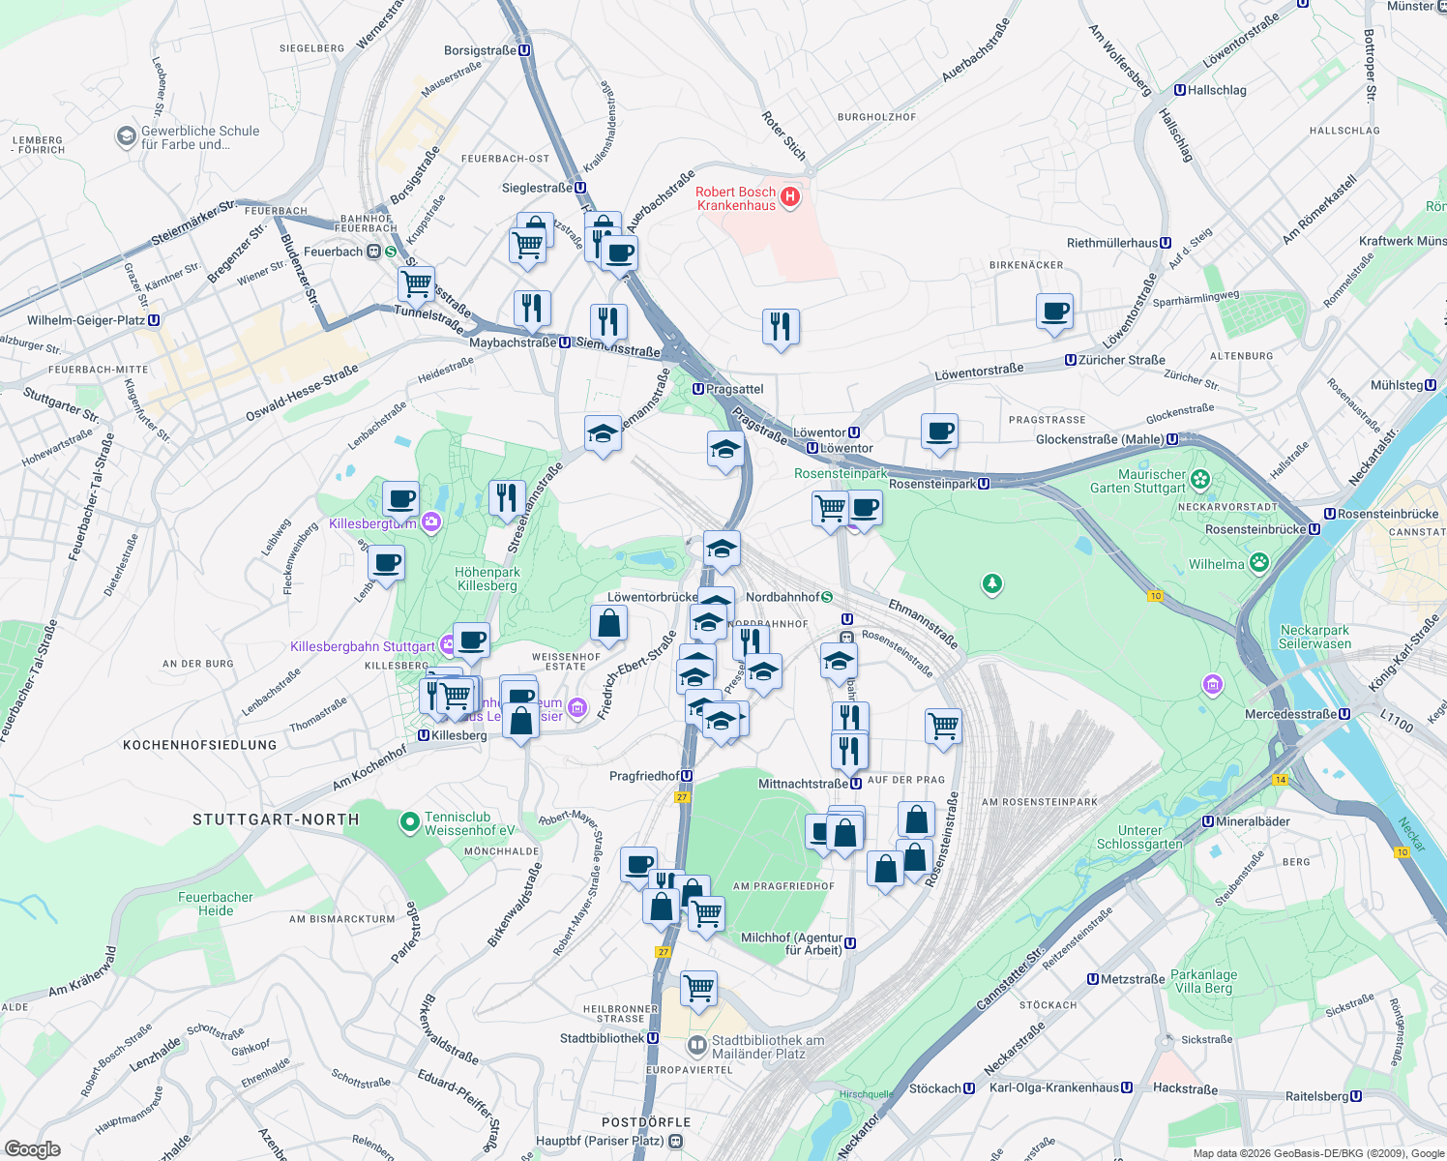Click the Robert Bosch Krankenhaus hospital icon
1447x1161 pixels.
tap(790, 197)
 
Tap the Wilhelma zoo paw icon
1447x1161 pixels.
tap(1258, 563)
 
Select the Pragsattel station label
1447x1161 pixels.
tap(734, 389)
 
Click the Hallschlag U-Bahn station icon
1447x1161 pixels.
tap(1180, 90)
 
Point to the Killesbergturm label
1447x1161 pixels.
tap(372, 523)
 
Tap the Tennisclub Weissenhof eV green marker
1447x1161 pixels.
tap(410, 823)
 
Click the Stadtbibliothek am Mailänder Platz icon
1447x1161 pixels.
tap(696, 1046)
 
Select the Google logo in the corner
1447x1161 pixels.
tap(32, 1149)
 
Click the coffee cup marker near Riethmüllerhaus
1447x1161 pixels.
tap(1054, 313)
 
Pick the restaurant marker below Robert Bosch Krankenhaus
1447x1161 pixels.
tap(781, 327)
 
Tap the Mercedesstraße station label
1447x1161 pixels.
tap(1291, 714)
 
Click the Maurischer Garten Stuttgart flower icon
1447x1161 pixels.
tap(1200, 479)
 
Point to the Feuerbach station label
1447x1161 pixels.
tap(333, 252)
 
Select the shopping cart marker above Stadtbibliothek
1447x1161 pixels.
tap(698, 989)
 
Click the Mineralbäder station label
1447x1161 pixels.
tap(1253, 821)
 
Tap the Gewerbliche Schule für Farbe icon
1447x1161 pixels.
tap(126, 136)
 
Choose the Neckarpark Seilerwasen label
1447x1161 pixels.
tap(1314, 637)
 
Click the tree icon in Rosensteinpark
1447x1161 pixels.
tap(991, 583)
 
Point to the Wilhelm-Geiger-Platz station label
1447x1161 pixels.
tap(86, 320)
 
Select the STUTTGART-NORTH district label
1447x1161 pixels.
tap(276, 819)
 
